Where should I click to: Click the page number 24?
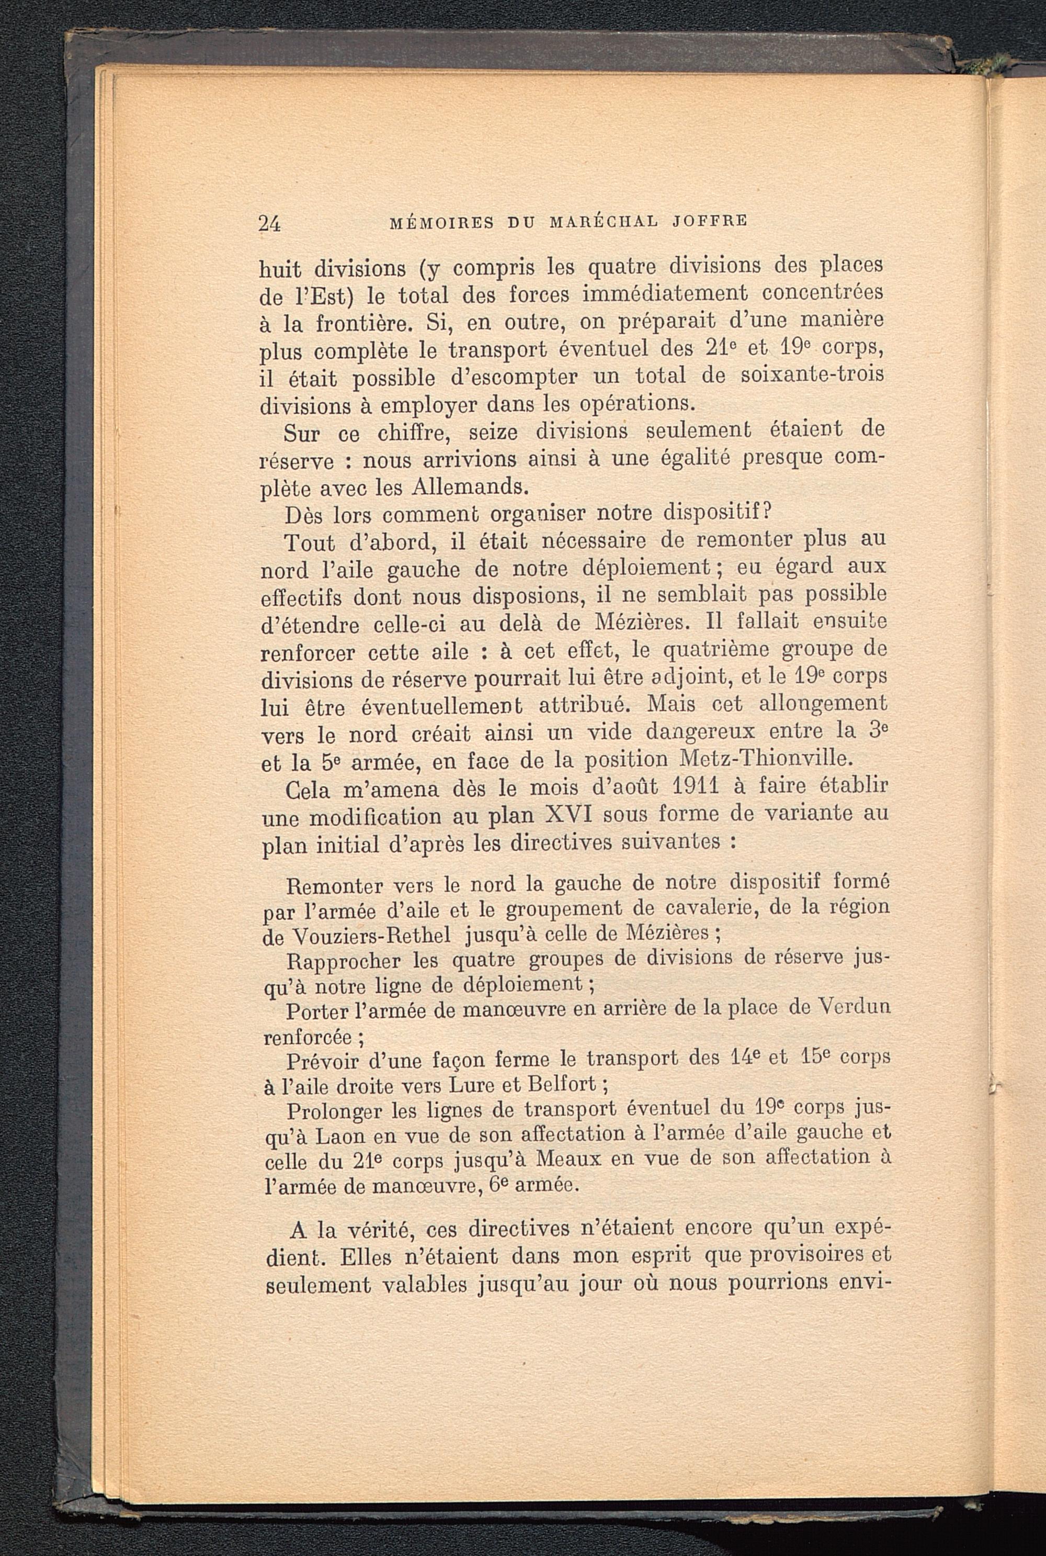pos(269,224)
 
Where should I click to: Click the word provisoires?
pos(800,1256)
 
